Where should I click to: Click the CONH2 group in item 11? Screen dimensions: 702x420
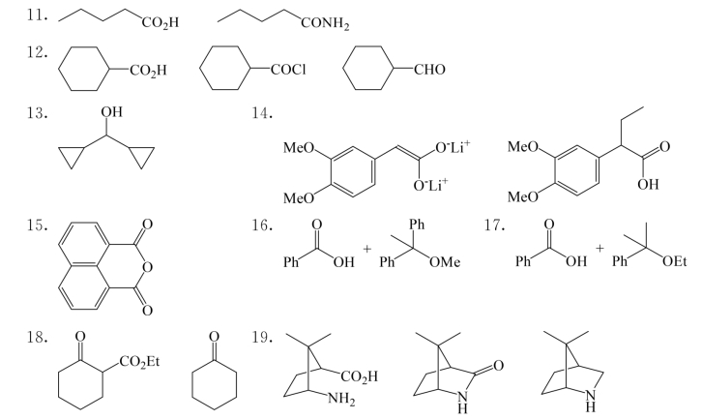coord(325,23)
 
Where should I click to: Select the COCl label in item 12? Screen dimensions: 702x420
coord(289,70)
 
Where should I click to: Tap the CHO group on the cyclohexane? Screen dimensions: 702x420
coord(429,70)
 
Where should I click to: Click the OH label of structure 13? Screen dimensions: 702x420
coord(111,111)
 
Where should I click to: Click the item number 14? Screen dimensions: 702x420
coord(262,113)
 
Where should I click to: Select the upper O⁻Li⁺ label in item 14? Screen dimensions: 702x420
coord(453,146)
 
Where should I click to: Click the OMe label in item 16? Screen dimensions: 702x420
coord(445,261)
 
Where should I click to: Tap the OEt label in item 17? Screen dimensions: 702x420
coord(675,261)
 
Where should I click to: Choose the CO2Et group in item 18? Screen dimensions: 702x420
coord(139,362)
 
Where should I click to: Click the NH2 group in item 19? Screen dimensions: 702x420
coord(341,399)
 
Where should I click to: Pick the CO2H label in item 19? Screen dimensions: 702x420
coord(360,376)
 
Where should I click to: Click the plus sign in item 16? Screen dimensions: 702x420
coord(367,249)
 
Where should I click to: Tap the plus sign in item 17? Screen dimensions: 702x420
coord(600,249)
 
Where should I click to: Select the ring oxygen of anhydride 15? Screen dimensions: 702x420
coord(147,268)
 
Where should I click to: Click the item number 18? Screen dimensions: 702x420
coord(37,337)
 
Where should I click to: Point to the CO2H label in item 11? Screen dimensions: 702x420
coord(161,22)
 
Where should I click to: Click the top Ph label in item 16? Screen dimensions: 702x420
coord(417,225)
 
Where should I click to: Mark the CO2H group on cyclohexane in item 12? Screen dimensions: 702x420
coord(148,71)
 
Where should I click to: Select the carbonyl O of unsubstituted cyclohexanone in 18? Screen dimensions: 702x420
coord(214,337)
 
